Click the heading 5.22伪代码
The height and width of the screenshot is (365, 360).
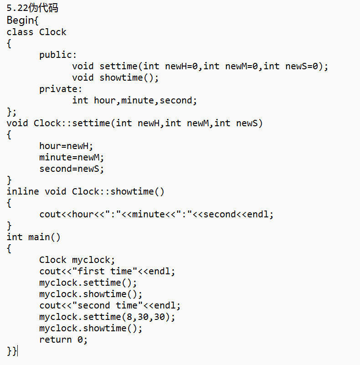click(32, 8)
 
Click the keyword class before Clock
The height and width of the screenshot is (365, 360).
click(20, 32)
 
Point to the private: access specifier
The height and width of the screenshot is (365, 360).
click(61, 89)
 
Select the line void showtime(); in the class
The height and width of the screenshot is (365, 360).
click(115, 78)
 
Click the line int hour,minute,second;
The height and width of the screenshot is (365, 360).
click(134, 101)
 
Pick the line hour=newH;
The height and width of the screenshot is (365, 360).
click(66, 146)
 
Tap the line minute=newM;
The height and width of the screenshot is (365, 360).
click(72, 158)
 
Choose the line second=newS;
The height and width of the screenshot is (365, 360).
click(72, 169)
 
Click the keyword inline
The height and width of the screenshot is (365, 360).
click(23, 192)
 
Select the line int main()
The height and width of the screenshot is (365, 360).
click(33, 237)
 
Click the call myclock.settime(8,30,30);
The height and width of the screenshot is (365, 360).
click(107, 317)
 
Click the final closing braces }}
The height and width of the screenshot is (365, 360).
click(12, 351)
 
